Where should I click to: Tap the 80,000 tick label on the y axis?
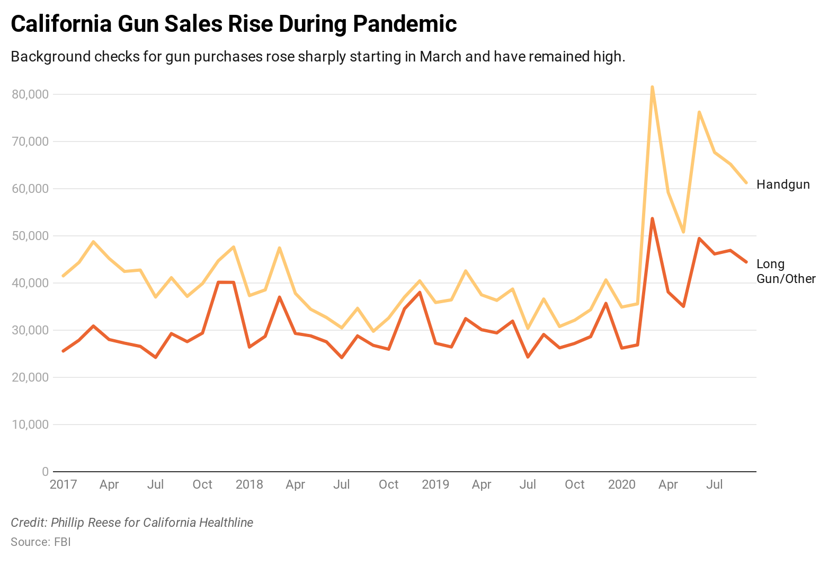pos(30,94)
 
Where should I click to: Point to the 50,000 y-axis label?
pos(30,236)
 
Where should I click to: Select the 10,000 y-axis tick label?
pos(30,425)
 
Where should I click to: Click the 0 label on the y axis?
pos(45,472)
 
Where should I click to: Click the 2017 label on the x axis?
pos(63,484)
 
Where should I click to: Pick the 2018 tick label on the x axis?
pos(249,484)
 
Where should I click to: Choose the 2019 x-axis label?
pos(435,484)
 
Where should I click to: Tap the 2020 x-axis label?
pos(621,484)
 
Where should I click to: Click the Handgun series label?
pos(783,184)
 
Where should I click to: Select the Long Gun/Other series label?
pos(786,271)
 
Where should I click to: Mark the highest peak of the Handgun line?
pos(652,87)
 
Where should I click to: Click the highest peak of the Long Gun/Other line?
pos(652,218)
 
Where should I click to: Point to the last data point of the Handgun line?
pos(746,182)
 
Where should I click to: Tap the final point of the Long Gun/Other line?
pos(746,262)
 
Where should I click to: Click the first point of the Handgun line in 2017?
pos(63,276)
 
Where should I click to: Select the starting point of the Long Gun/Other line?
pos(63,351)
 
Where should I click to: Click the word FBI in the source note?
pos(62,542)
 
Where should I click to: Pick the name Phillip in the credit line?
pos(67,523)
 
